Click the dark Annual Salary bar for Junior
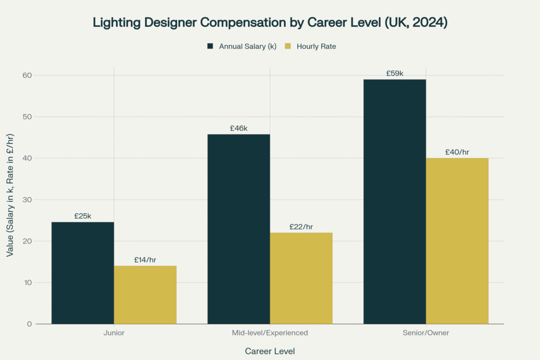point(83,273)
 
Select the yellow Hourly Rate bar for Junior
point(145,295)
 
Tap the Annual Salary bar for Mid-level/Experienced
point(238,229)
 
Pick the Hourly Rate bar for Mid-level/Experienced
point(301,278)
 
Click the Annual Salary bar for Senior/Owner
point(394,201)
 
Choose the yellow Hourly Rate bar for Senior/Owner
point(457,241)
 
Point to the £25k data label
point(83,216)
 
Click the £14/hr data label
point(146,260)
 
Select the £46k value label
point(238,128)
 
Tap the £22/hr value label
point(301,227)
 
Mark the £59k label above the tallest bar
point(394,73)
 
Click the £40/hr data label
point(457,152)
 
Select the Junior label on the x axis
point(114,333)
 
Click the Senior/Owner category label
point(426,333)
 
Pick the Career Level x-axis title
point(270,351)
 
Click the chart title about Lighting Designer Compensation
point(270,23)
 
